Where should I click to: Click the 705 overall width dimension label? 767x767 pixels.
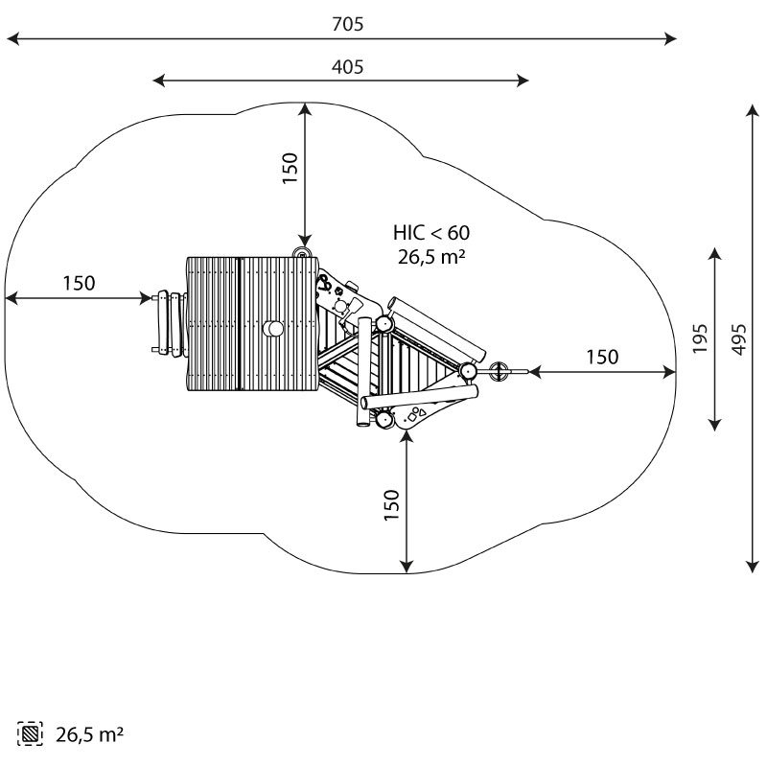(x=348, y=24)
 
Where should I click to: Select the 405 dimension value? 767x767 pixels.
(x=348, y=67)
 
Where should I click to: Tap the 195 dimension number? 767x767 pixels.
(x=700, y=338)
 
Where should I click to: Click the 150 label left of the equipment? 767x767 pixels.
(x=80, y=283)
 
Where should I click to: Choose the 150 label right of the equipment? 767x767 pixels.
(x=603, y=357)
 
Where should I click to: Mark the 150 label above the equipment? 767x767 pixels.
(x=291, y=168)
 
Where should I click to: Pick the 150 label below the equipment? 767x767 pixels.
(x=392, y=505)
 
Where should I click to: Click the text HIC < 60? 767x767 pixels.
(x=431, y=233)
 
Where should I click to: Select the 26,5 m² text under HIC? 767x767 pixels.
(x=431, y=257)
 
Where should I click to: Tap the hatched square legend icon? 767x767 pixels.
(x=30, y=733)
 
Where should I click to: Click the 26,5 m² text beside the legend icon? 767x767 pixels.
(x=89, y=734)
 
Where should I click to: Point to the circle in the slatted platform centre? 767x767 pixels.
(x=273, y=329)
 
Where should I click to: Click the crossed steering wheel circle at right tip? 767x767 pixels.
(x=500, y=371)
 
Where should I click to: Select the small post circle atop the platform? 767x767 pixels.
(x=302, y=253)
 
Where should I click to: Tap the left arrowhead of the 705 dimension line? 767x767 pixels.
(x=12, y=38)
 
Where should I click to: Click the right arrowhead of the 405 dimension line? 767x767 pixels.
(x=523, y=81)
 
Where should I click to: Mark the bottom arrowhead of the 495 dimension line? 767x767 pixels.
(x=753, y=567)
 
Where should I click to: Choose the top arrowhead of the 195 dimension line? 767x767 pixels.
(x=715, y=254)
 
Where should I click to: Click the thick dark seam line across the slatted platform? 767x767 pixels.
(x=239, y=323)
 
